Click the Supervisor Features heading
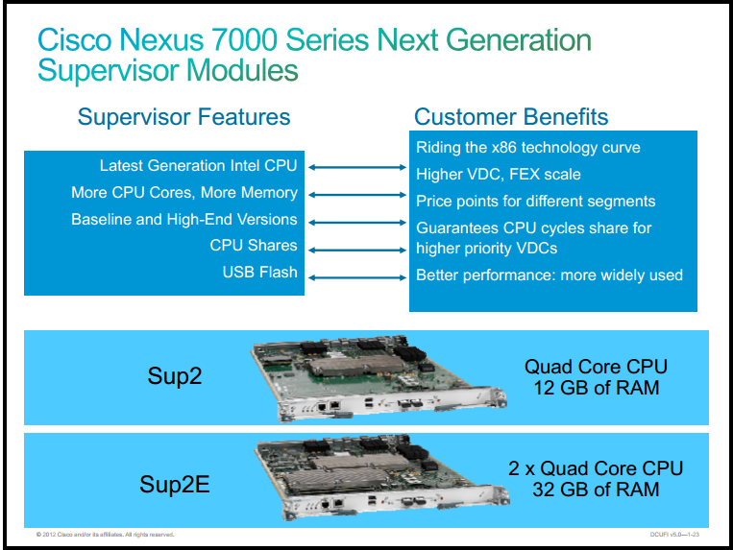point(183,117)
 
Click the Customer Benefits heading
point(511,117)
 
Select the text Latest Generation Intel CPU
point(198,166)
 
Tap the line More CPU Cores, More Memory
point(184,192)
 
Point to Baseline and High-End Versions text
point(184,220)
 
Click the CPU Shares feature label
point(254,245)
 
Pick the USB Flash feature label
point(260,273)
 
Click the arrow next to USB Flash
point(357,277)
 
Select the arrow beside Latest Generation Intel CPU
point(357,167)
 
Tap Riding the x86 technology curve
point(528,148)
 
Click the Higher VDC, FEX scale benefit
point(499,175)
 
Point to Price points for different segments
point(536,202)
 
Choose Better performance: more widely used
point(550,275)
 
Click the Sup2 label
point(175,376)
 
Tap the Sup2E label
point(175,484)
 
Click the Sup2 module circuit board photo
point(379,377)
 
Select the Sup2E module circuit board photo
point(381,477)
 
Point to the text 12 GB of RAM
point(597,388)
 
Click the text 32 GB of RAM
point(596,490)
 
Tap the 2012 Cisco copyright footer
point(105,535)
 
